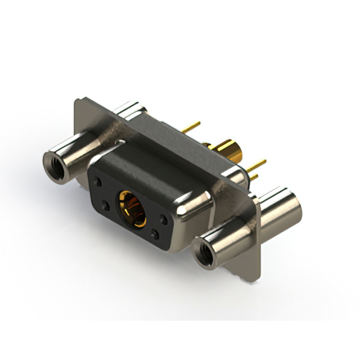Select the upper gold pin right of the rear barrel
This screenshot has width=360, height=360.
tap(258, 165)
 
